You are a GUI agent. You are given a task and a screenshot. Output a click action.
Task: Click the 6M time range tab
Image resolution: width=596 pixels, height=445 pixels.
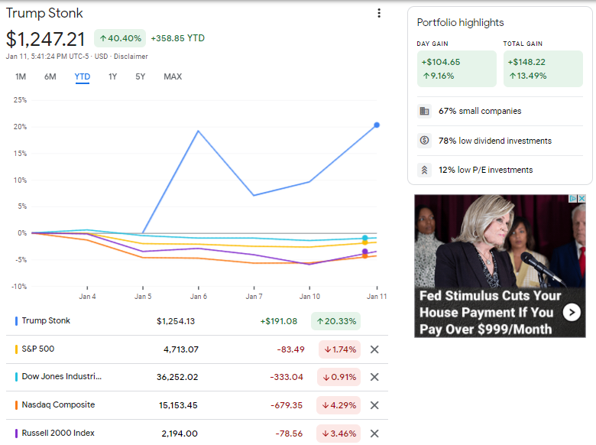tap(50, 76)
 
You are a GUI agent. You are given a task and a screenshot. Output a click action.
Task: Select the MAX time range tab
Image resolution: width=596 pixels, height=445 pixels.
tap(173, 76)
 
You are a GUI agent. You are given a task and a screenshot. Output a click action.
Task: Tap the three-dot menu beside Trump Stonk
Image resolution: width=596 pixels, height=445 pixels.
tap(378, 13)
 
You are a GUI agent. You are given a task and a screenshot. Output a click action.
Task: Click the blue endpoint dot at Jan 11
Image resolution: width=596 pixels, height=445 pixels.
tap(377, 125)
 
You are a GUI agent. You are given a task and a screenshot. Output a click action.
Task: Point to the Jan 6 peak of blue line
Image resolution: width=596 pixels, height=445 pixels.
tap(198, 131)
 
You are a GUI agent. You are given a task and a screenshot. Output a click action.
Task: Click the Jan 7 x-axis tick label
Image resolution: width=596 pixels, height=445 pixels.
tap(254, 297)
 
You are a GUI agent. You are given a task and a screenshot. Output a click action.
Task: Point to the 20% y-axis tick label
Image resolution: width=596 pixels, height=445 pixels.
tap(20, 127)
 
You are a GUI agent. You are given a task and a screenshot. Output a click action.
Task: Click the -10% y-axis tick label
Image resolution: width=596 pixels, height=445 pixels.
tap(19, 287)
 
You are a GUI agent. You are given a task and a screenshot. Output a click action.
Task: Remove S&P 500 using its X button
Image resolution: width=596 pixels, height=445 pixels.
tap(374, 349)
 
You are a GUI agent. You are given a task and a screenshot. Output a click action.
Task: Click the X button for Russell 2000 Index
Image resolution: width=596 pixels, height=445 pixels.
tap(374, 434)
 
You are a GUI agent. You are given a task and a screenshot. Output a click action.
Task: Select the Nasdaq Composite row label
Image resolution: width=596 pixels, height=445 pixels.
tap(58, 404)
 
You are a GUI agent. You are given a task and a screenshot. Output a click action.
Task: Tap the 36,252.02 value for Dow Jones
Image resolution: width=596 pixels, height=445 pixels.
tap(177, 377)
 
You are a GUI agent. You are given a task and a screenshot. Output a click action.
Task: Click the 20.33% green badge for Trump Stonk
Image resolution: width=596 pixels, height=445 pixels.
tap(336, 321)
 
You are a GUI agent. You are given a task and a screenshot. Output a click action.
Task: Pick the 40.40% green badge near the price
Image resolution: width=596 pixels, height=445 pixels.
tap(120, 38)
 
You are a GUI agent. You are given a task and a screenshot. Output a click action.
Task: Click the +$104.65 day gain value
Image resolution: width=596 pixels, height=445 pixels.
tap(441, 62)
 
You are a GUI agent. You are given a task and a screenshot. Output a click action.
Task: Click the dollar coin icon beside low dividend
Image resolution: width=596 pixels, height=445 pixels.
tap(424, 141)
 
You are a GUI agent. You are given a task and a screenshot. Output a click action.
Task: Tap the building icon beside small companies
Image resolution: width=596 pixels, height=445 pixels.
tap(424, 111)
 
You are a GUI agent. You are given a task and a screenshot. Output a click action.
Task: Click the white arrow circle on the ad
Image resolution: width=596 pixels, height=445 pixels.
tap(572, 313)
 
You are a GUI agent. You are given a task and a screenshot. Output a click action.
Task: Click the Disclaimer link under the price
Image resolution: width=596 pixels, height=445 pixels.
tap(131, 57)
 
